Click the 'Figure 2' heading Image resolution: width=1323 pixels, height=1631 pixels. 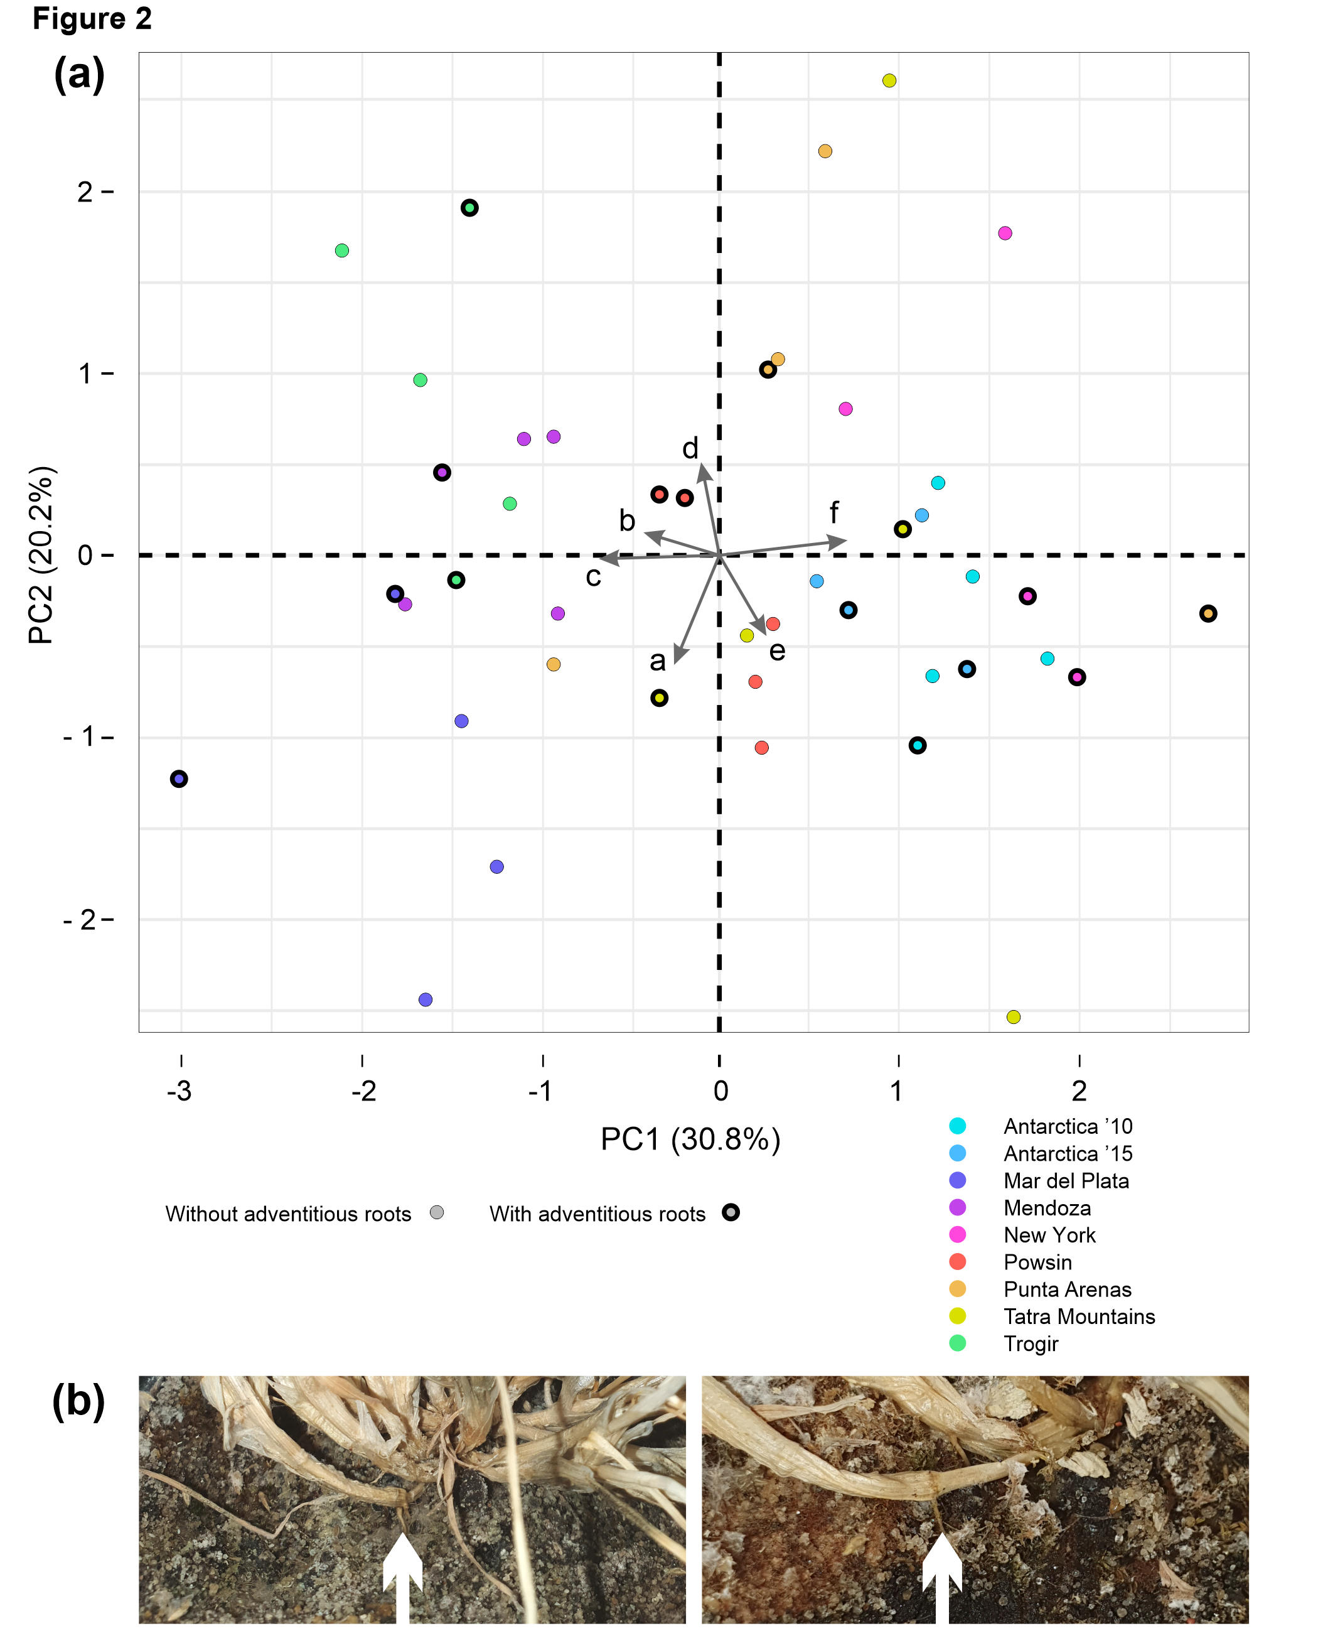click(x=92, y=19)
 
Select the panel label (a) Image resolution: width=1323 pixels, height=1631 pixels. click(x=79, y=75)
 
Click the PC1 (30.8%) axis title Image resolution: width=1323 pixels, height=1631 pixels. click(x=690, y=1139)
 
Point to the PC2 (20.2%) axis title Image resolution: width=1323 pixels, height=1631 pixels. click(x=41, y=555)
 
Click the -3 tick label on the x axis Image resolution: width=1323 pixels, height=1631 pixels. click(x=180, y=1091)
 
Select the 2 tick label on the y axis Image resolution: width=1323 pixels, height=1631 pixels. click(x=85, y=192)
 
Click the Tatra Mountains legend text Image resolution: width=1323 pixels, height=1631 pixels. click(x=1078, y=1316)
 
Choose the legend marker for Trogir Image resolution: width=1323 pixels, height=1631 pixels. click(x=957, y=1343)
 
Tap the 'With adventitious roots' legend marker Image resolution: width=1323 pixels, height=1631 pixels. click(x=731, y=1213)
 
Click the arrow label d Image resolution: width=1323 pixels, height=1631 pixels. click(x=690, y=449)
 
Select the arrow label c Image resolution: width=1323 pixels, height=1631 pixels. click(x=593, y=577)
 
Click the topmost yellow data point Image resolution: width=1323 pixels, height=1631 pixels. click(x=889, y=81)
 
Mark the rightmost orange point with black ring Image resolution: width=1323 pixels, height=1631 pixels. click(x=1208, y=613)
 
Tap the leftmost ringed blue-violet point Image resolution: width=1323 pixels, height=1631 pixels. click(x=179, y=779)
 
